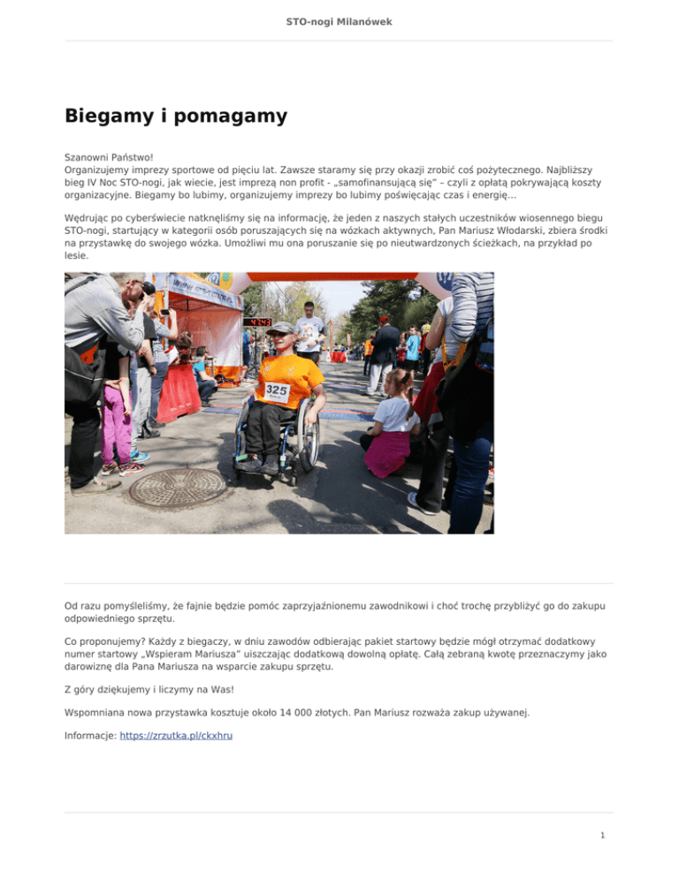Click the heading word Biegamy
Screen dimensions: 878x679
click(105, 116)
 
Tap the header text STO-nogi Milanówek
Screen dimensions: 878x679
click(339, 20)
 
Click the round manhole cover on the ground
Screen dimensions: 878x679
click(178, 487)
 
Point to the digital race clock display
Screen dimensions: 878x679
click(257, 322)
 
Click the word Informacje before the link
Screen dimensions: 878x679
click(90, 735)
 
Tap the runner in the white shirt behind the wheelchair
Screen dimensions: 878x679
click(309, 330)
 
